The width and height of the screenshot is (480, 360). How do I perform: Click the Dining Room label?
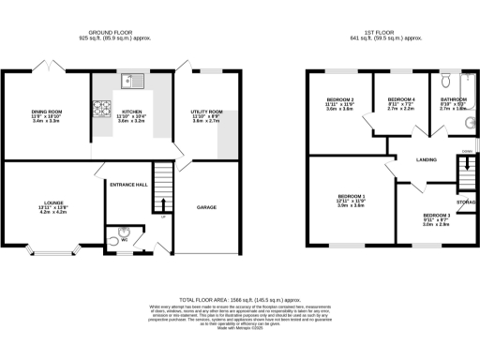tap(46, 112)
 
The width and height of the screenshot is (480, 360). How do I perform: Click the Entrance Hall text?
tap(129, 185)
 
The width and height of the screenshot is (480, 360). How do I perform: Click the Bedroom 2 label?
tap(339, 98)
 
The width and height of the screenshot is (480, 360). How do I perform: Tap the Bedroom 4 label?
tap(401, 98)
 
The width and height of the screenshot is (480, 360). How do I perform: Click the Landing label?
tap(426, 160)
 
